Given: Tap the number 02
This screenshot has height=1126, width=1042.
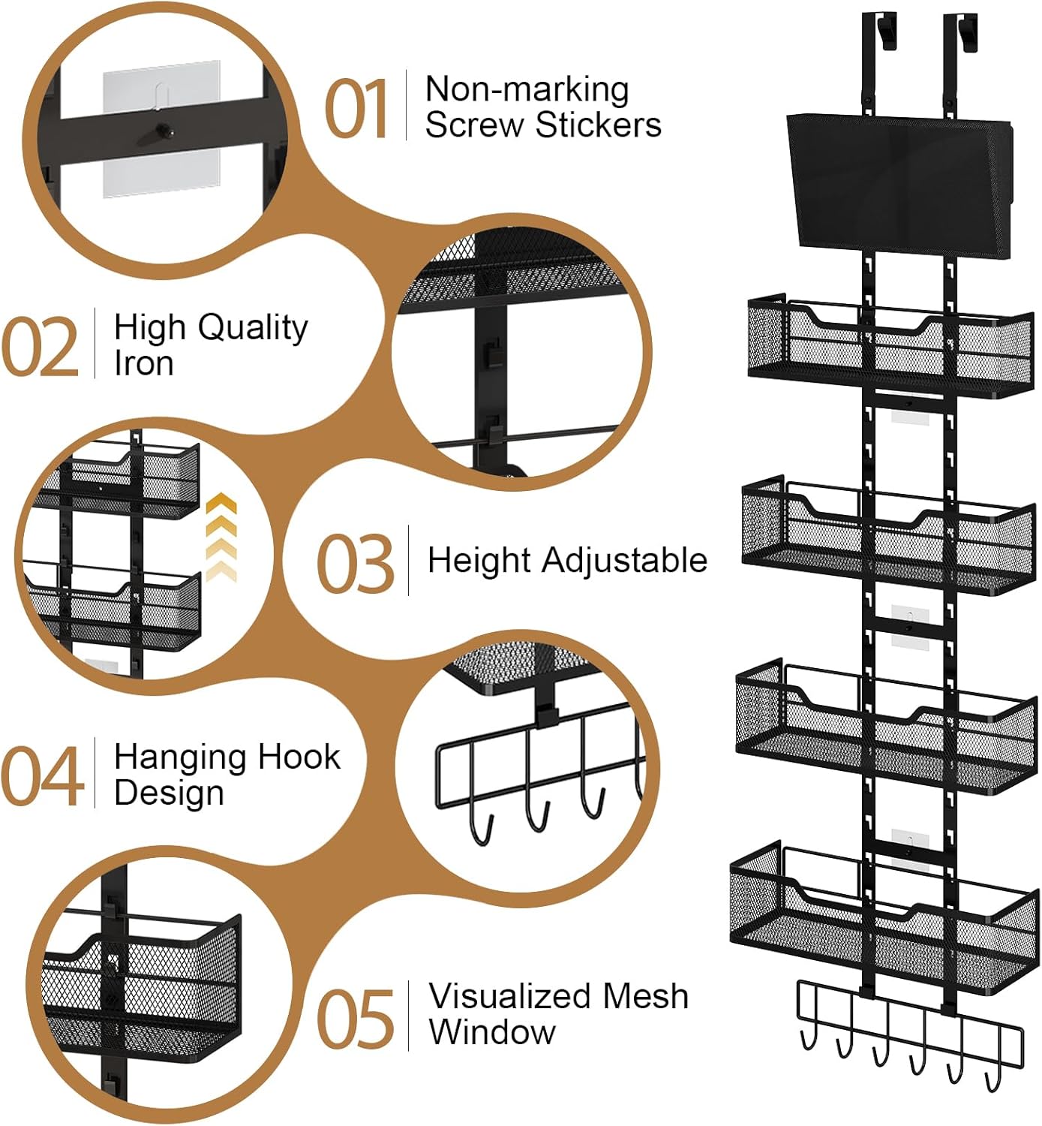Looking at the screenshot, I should tap(41, 347).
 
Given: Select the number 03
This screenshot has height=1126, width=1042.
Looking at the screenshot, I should tap(354, 564).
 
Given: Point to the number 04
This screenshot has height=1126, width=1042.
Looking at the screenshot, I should tap(42, 777).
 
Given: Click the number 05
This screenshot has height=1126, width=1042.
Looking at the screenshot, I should tap(355, 1019).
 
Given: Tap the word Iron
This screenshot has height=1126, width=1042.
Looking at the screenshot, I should tap(143, 363).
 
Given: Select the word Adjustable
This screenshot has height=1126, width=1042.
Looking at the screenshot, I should tap(624, 561).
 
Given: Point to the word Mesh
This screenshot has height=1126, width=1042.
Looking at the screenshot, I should tap(645, 997).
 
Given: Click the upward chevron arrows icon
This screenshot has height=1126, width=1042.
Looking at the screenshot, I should tap(221, 537).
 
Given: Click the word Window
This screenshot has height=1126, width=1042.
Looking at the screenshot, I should tap(492, 1032).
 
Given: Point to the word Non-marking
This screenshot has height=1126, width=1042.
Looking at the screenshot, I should tap(527, 89).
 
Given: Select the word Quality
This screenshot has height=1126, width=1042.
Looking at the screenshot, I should tap(253, 328).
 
